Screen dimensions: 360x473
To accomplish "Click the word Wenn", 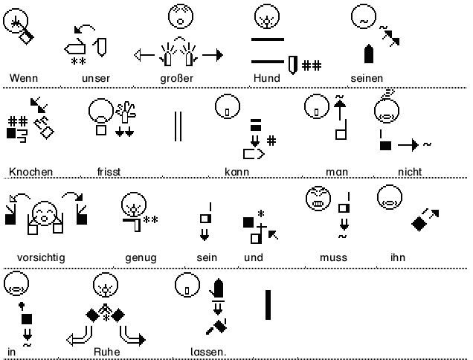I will [x=24, y=78].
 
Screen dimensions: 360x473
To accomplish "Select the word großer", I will [x=176, y=78].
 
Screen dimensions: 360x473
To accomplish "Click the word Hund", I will [x=266, y=78].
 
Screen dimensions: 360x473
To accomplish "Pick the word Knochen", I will [x=31, y=172].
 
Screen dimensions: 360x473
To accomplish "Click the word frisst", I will [x=109, y=172].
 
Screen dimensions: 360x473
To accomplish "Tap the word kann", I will [x=236, y=172].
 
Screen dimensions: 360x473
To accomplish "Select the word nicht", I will [x=410, y=172].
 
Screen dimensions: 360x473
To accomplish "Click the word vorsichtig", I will [x=36, y=257].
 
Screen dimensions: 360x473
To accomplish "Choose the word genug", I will [x=141, y=257].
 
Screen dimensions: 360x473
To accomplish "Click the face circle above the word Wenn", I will [x=14, y=22].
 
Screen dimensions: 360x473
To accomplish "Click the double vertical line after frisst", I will [x=177, y=126].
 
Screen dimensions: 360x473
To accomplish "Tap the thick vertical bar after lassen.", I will [x=267, y=306].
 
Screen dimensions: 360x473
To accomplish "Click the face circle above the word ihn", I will [x=388, y=197].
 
